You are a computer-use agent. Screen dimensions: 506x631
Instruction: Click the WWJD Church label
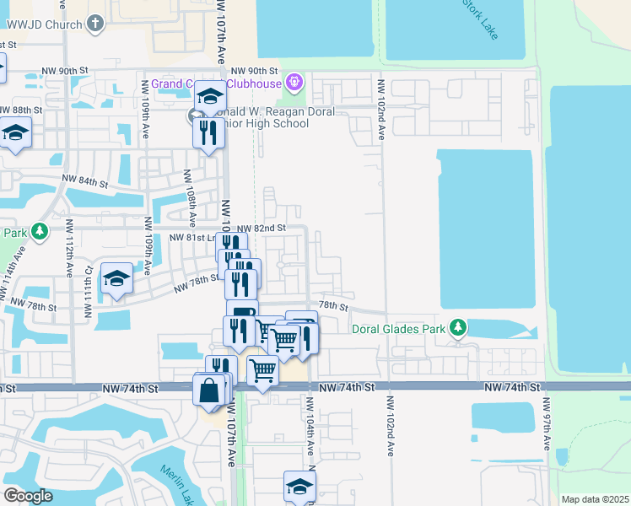point(42,24)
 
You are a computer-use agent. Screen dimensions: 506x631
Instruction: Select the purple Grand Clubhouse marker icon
point(294,82)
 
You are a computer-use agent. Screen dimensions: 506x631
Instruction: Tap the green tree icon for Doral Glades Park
point(457,326)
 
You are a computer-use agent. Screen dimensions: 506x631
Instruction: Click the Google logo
point(27,496)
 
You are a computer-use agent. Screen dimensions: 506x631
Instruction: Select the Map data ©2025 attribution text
point(595,499)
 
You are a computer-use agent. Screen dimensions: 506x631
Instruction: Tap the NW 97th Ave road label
point(546,430)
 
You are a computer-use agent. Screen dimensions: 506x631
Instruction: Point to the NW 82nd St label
point(262,228)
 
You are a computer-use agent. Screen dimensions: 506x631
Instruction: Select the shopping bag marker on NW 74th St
point(208,390)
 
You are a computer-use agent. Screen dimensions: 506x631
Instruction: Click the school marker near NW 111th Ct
point(116,279)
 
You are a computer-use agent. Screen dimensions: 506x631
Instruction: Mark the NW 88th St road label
point(21,110)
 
